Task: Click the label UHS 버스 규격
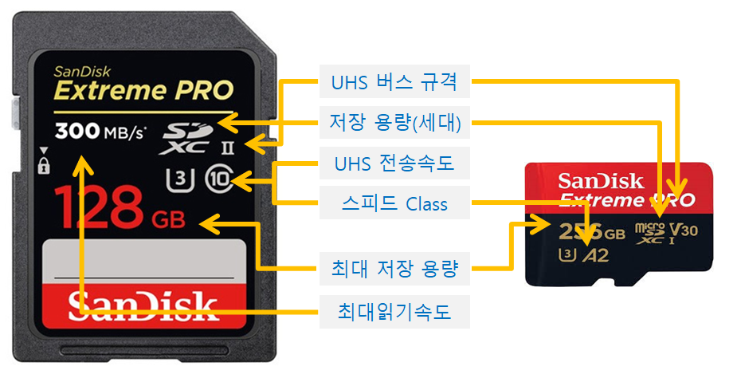click(x=394, y=81)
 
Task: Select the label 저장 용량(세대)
click(x=394, y=123)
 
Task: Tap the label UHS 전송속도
click(x=394, y=163)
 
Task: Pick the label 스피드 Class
click(x=394, y=203)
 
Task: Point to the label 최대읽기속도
click(x=394, y=311)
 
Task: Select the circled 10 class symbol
click(x=218, y=177)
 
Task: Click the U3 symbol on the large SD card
click(x=181, y=177)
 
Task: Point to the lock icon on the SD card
click(x=43, y=165)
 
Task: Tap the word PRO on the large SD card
click(x=201, y=89)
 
